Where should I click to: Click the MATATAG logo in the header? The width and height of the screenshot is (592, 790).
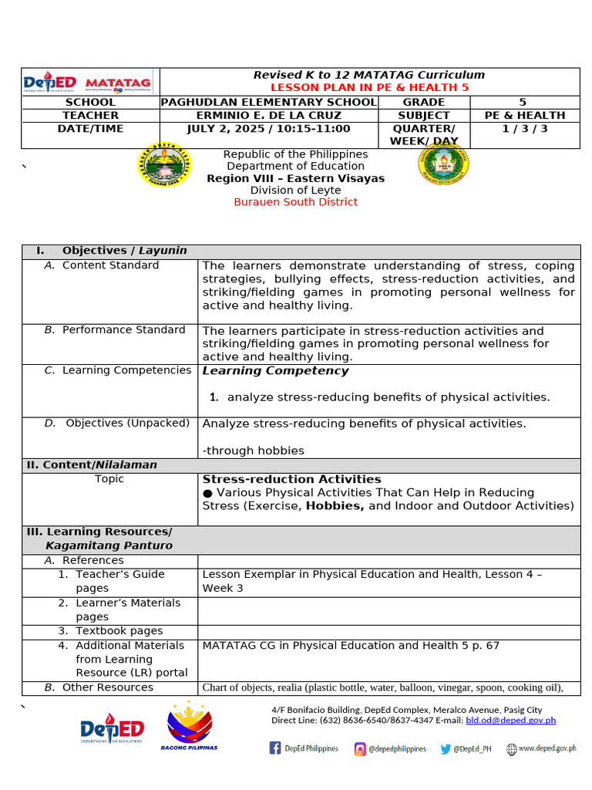(x=118, y=83)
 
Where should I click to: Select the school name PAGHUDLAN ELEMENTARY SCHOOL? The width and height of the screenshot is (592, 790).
(x=268, y=102)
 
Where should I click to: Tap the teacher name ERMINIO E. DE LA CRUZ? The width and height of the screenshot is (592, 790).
(x=268, y=115)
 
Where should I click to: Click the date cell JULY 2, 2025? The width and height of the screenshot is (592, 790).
(x=268, y=129)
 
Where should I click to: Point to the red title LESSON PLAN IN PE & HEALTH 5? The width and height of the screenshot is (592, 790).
(x=369, y=88)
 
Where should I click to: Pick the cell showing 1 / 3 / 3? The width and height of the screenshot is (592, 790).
(x=524, y=129)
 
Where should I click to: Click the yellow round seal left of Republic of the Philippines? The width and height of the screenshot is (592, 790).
(x=164, y=165)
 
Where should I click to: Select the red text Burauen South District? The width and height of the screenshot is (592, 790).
(x=296, y=202)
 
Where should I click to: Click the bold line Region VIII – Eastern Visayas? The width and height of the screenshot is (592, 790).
(x=296, y=178)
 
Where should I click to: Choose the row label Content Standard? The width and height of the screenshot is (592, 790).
(x=110, y=265)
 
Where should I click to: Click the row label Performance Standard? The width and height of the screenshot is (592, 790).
(x=123, y=330)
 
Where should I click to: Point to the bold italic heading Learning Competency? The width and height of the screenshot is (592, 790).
(x=275, y=371)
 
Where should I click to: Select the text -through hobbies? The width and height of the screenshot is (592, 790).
(x=254, y=451)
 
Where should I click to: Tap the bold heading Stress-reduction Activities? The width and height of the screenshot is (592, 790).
(x=291, y=479)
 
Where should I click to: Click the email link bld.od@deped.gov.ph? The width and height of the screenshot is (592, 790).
(x=510, y=721)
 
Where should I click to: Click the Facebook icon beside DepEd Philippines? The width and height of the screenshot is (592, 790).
(x=275, y=748)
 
